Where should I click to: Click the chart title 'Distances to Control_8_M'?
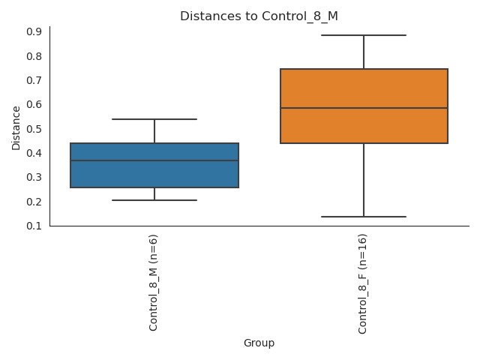(259, 16)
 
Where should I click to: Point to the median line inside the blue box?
(154, 160)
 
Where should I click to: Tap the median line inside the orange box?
(364, 108)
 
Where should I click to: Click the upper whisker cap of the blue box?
(154, 119)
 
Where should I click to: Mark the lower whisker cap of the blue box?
(154, 200)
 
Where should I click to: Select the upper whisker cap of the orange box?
(364, 35)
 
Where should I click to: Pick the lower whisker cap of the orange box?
(364, 217)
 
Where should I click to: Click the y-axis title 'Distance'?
(16, 127)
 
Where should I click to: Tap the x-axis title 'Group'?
(259, 343)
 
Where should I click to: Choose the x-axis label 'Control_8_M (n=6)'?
(154, 282)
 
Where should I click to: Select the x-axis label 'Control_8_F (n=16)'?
(363, 283)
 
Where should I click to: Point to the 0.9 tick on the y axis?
(34, 31)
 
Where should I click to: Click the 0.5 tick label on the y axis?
(34, 129)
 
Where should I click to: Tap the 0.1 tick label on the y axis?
(34, 226)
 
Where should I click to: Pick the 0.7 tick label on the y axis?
(34, 80)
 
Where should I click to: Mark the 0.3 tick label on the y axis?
(34, 177)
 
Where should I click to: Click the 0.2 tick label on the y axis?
(34, 202)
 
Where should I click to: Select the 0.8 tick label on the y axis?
(34, 56)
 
